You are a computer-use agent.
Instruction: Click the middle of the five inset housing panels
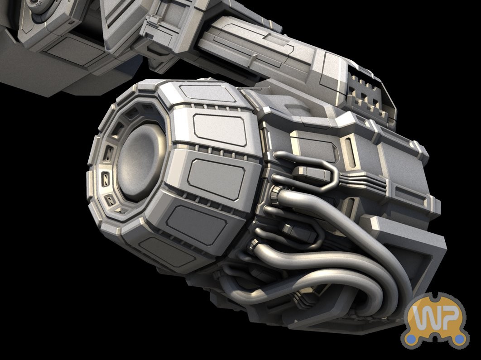(216, 179)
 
